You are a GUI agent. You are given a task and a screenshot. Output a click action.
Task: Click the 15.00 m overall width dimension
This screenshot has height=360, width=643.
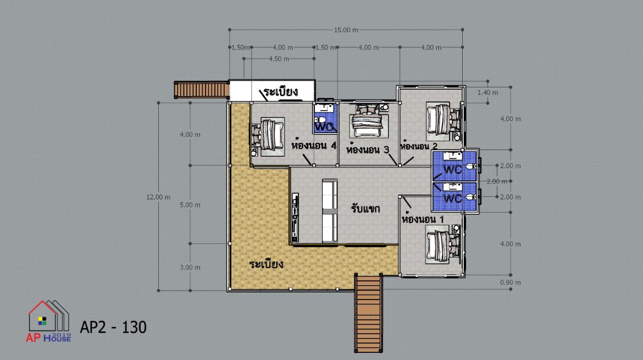(x=346, y=30)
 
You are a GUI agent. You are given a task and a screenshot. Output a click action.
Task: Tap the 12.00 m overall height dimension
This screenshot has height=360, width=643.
(x=158, y=197)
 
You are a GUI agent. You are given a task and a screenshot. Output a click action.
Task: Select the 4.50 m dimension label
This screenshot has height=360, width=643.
(x=279, y=59)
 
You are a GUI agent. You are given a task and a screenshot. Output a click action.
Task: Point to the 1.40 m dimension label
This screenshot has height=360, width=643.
(x=487, y=93)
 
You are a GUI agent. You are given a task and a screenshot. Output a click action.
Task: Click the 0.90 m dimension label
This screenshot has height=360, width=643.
(x=510, y=283)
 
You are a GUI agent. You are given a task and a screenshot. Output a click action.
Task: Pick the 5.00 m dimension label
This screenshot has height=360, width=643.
(x=190, y=205)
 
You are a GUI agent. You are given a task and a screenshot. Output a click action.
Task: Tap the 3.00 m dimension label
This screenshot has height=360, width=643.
(x=190, y=268)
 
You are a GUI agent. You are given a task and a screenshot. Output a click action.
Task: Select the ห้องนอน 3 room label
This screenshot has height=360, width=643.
(x=368, y=148)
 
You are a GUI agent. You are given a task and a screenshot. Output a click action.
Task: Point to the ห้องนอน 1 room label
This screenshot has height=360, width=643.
(x=423, y=218)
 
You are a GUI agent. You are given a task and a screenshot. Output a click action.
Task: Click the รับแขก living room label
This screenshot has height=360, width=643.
(x=365, y=208)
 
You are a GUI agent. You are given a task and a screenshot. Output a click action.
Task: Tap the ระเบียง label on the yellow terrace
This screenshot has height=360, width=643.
(x=266, y=263)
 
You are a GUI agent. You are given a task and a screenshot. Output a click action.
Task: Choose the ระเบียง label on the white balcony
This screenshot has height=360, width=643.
(x=281, y=91)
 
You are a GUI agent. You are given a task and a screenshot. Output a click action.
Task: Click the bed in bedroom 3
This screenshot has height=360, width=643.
(x=369, y=120)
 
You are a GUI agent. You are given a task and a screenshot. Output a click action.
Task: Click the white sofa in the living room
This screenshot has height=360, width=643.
(x=330, y=211)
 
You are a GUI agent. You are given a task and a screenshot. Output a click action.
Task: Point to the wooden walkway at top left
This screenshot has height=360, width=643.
(x=201, y=90)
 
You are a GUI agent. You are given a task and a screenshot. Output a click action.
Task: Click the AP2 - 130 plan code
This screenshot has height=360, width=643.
(x=113, y=327)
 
